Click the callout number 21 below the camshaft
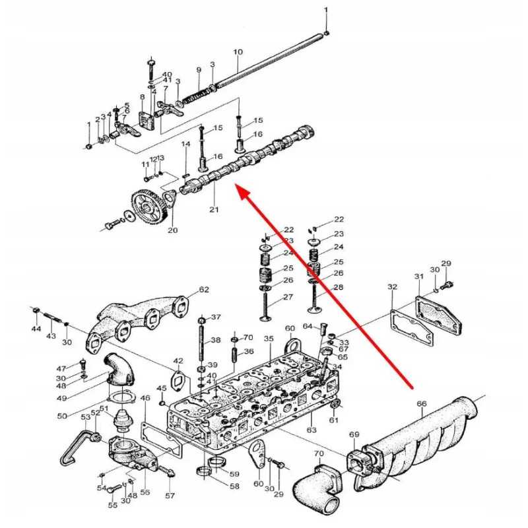[x=214, y=209]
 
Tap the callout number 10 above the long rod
[x=238, y=52]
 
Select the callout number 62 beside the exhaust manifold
[x=204, y=289]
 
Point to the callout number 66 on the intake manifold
[x=422, y=403]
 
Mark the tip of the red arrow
[x=235, y=185]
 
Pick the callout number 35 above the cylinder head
[x=269, y=339]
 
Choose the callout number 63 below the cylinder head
[x=312, y=430]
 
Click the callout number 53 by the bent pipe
[x=86, y=417]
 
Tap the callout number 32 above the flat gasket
[x=392, y=286]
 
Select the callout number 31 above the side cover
[x=419, y=277]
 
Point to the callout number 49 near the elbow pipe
[x=61, y=399]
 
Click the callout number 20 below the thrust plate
[x=172, y=230]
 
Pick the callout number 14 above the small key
[x=186, y=144]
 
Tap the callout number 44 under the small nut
[x=36, y=328]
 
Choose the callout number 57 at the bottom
[x=170, y=496]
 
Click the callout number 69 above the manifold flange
[x=354, y=434]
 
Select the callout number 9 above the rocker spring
[x=199, y=70]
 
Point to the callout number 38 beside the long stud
[x=216, y=340]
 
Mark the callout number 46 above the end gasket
[x=145, y=398]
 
